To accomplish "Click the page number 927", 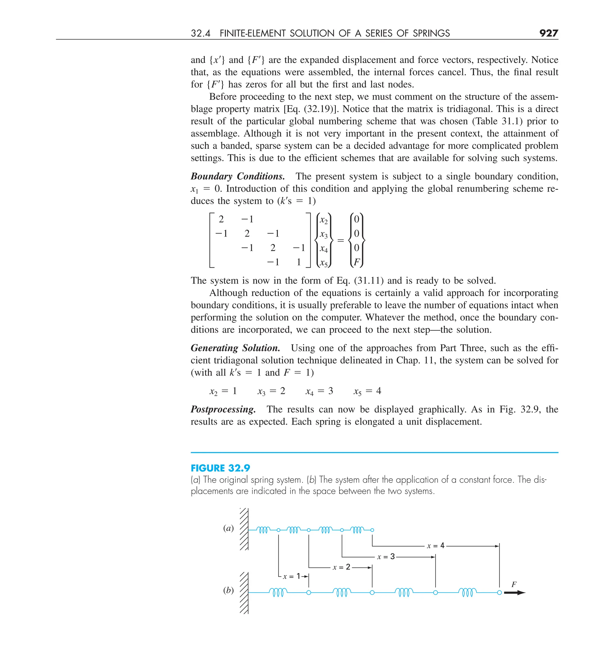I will (x=548, y=33).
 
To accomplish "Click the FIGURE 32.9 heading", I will (x=220, y=468).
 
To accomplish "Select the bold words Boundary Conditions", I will (x=237, y=176).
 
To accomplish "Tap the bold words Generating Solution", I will (x=235, y=348).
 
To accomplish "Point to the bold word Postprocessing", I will (x=223, y=409).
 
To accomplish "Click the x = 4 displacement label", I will (x=436, y=546).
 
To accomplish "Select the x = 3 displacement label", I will (x=386, y=557).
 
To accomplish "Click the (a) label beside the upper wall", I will (x=228, y=528).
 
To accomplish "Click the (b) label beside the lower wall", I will (x=228, y=590).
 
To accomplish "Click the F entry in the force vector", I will (x=357, y=262).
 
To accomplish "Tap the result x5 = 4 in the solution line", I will (x=367, y=391).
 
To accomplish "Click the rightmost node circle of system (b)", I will (x=499, y=593).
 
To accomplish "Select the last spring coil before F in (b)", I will (x=467, y=592).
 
